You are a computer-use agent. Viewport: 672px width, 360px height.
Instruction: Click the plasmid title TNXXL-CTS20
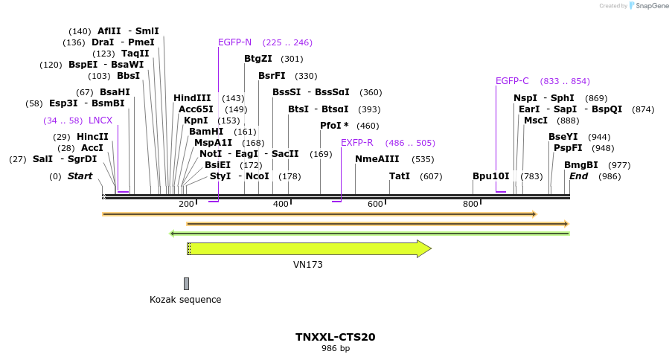(335, 337)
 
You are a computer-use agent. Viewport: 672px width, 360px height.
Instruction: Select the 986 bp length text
(335, 348)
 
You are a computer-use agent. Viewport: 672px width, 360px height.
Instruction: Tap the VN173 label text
(308, 264)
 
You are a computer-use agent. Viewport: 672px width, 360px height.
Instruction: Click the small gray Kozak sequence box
(186, 283)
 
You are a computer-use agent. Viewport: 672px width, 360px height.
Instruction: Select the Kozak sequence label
(185, 300)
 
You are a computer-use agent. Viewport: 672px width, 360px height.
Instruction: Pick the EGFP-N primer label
(234, 42)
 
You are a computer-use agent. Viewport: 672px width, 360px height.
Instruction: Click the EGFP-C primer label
(512, 81)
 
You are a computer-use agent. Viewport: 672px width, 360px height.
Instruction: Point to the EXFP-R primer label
(356, 143)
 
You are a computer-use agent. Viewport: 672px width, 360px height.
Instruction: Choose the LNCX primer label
(100, 120)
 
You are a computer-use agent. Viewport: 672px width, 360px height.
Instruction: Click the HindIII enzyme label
(192, 98)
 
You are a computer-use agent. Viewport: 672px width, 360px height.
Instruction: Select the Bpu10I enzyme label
(491, 176)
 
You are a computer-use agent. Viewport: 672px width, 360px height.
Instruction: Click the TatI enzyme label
(400, 176)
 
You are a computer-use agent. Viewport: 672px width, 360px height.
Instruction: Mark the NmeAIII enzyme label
(377, 159)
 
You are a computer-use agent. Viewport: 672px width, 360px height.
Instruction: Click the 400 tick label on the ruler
(281, 204)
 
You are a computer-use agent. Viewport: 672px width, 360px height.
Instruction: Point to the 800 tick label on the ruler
(470, 204)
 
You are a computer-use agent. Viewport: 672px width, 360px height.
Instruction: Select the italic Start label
(80, 176)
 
